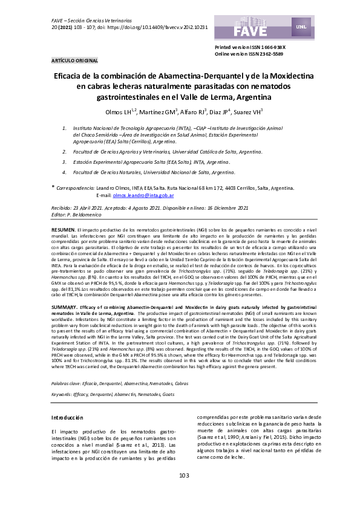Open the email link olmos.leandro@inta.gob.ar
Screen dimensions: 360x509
point(143,196)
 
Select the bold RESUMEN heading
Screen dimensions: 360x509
point(63,230)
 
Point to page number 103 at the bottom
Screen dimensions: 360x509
point(185,492)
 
